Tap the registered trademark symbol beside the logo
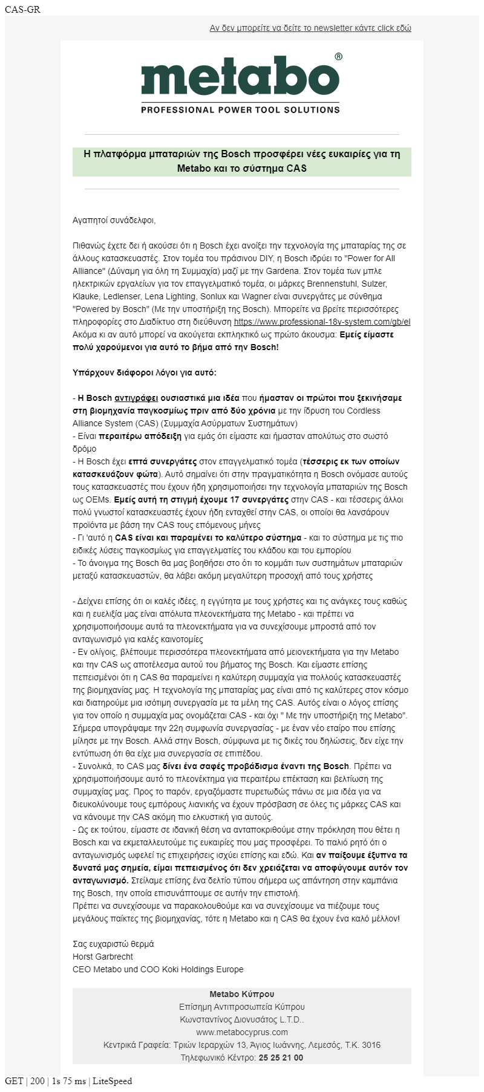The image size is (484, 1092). tap(338, 57)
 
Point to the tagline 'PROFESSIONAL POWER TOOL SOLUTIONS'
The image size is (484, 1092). tap(240, 110)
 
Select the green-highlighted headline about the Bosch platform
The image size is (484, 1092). tap(241, 161)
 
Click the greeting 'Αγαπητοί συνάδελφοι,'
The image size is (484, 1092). tap(114, 220)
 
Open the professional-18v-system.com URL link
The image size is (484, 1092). tap(322, 322)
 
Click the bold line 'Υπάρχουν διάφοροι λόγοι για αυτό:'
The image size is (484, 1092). tap(144, 372)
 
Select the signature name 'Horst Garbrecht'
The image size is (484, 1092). tap(102, 957)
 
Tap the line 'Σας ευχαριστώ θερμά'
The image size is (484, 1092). tap(113, 944)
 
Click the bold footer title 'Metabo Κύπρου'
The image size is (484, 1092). tap(241, 994)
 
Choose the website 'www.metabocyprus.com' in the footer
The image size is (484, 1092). tap(241, 1032)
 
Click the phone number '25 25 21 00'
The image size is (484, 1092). tap(281, 1058)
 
